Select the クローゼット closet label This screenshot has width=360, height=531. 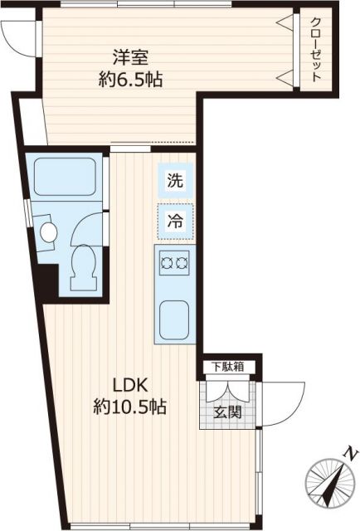coord(316,49)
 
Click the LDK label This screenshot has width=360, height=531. coord(130,385)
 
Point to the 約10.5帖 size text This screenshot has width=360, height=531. coord(130,407)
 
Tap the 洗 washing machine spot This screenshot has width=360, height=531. coord(175,181)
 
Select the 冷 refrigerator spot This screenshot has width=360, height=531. coord(175,222)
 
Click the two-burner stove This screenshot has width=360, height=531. coord(174,263)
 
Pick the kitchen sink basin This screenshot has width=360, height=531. coord(174,319)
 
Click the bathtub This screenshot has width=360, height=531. coord(66,175)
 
